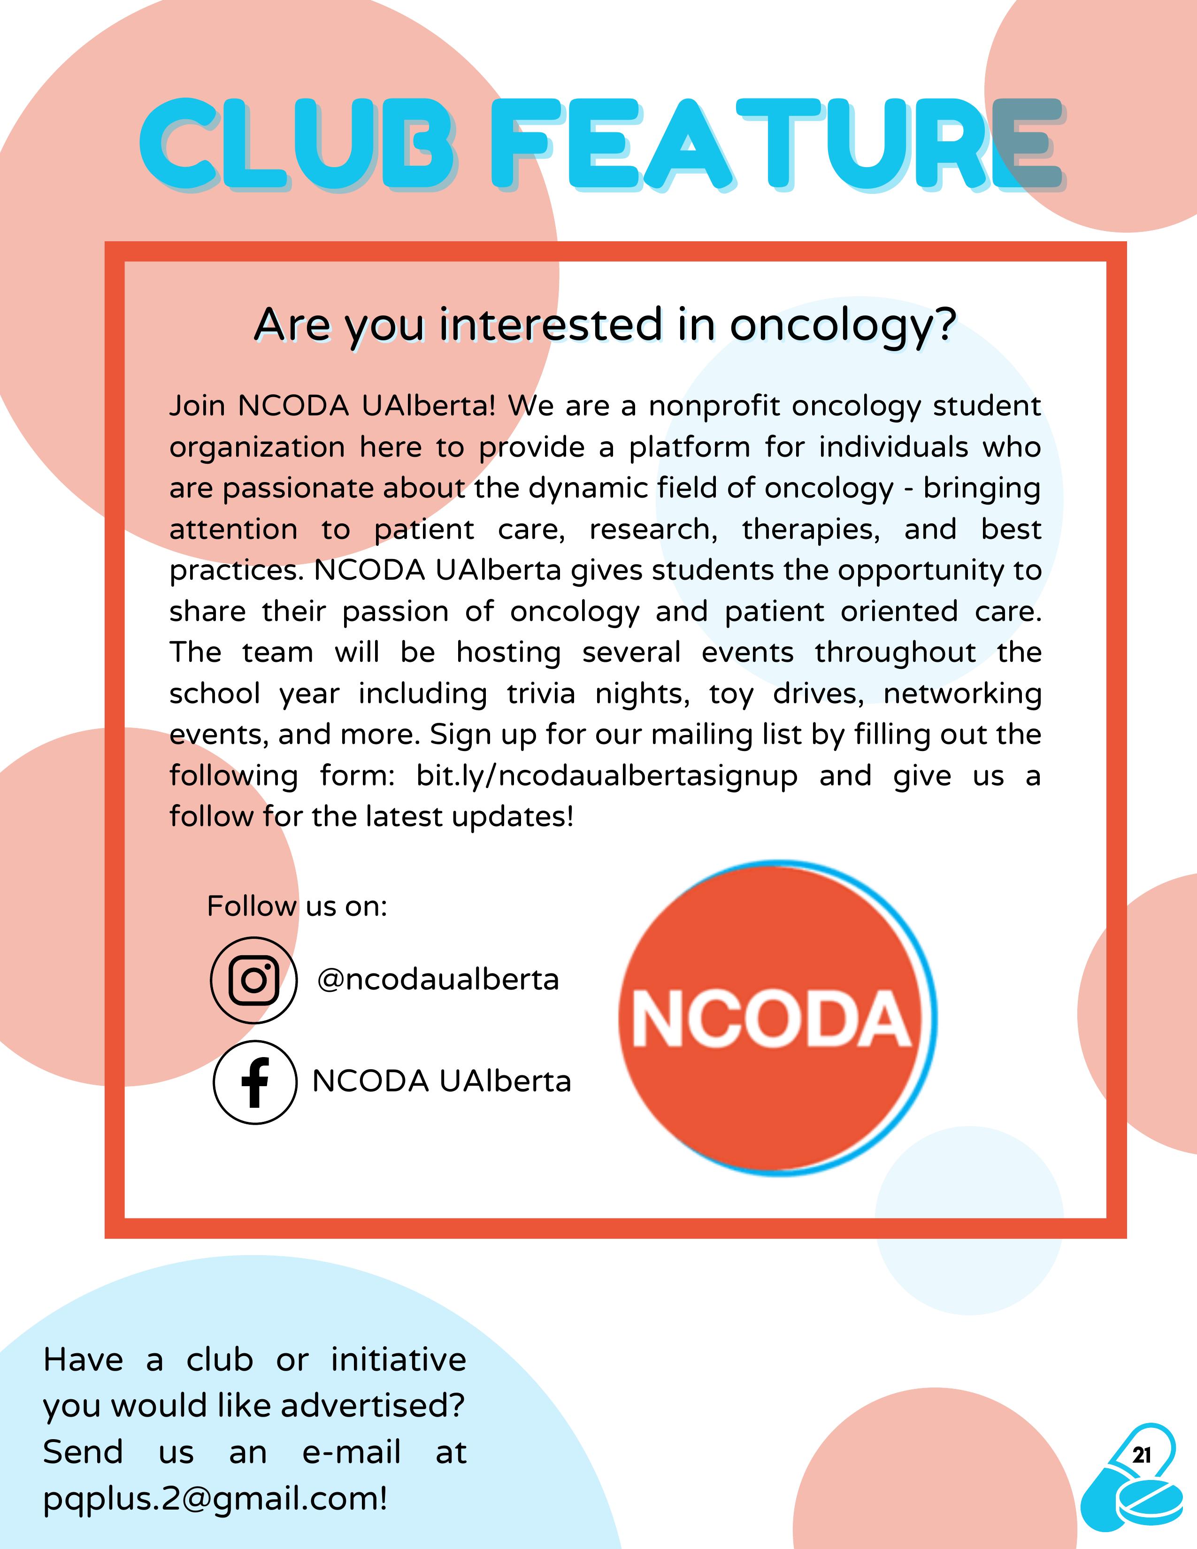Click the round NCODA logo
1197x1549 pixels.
point(777,1019)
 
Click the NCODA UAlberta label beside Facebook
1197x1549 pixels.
point(441,1081)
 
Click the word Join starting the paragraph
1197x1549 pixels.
point(197,406)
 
